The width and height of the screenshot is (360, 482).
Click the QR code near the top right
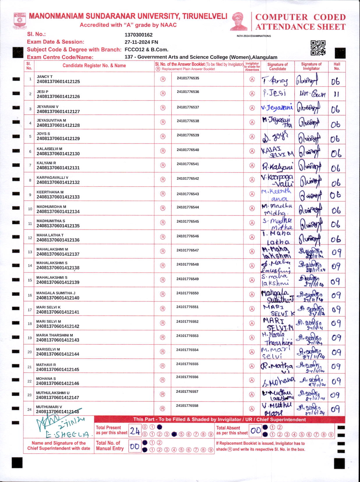pos(318,48)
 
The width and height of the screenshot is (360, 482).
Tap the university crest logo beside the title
pos(20,20)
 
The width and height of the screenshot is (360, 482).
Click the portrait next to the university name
pos(239,21)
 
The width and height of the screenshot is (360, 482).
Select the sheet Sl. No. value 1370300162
pos(139,35)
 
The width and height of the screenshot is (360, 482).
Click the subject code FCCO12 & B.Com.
pos(146,49)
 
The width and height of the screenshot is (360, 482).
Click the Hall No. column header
pos(337,66)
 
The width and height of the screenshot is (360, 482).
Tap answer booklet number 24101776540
pos(188,150)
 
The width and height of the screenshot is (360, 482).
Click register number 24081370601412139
pos(58,282)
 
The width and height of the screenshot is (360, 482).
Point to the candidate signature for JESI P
pos(274,93)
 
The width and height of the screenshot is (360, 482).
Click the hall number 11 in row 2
pos(336,94)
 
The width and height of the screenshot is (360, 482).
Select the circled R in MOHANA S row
pos(163,380)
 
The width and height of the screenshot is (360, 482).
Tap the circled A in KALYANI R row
pos(252,165)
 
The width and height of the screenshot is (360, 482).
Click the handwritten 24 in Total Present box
pos(135,430)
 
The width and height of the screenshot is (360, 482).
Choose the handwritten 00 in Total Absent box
pos(255,430)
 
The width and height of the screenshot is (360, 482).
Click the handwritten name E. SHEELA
pos(68,435)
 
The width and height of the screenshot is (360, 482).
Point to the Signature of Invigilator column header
pos(311,66)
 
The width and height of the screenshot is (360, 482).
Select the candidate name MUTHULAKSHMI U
pos(53,393)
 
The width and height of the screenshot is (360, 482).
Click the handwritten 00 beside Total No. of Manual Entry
pos(135,446)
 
